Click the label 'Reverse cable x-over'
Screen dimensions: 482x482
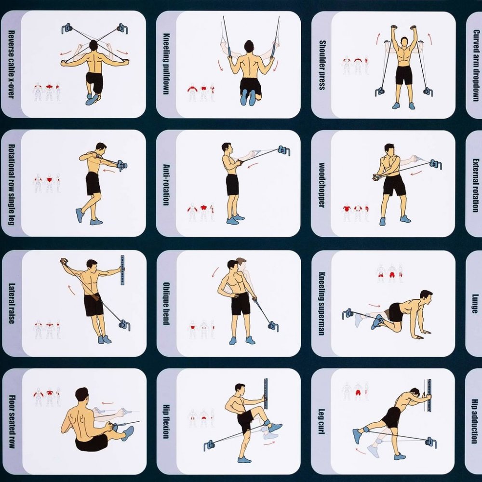11,64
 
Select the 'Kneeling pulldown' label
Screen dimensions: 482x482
166,64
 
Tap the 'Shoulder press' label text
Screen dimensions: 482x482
322,65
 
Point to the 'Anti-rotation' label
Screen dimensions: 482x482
166,185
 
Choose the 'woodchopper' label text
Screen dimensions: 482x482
321,185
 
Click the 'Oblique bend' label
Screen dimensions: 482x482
166,303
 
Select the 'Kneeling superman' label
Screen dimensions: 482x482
322,303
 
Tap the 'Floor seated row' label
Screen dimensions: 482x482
12,422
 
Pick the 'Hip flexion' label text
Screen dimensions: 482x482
166,421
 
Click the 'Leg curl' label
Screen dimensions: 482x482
322,421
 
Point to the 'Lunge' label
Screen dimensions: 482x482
475,303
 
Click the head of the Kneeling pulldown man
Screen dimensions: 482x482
249,47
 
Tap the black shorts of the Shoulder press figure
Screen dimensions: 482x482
403,75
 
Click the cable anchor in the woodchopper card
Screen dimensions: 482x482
436,164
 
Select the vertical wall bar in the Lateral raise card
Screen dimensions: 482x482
122,270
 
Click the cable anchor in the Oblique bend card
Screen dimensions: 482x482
273,326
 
